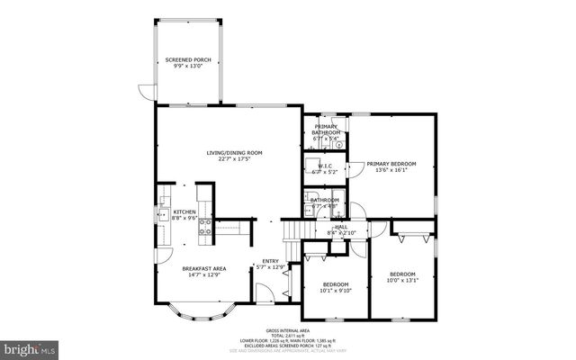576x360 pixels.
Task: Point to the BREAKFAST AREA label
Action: click(203, 268)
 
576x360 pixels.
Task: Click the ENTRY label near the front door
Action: click(271, 262)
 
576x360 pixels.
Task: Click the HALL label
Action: click(341, 227)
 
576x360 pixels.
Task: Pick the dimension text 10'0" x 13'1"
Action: click(402, 280)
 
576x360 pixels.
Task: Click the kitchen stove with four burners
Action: click(205, 226)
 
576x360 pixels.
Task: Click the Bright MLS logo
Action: click(31, 346)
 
